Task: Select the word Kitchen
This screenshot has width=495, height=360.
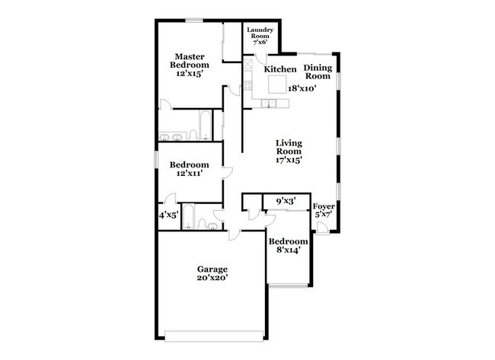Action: point(280,70)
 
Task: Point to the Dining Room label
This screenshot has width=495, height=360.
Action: point(318,72)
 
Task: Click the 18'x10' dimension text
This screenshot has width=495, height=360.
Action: point(302,88)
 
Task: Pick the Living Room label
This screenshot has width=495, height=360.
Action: point(289,147)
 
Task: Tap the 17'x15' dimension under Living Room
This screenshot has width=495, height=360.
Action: point(289,161)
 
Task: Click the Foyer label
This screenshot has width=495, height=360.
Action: point(324,206)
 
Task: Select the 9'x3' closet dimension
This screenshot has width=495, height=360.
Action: point(285,201)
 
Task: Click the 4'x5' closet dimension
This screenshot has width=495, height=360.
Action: point(168,216)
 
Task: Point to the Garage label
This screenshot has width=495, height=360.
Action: point(212,269)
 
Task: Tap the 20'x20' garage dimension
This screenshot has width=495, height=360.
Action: point(212,279)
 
